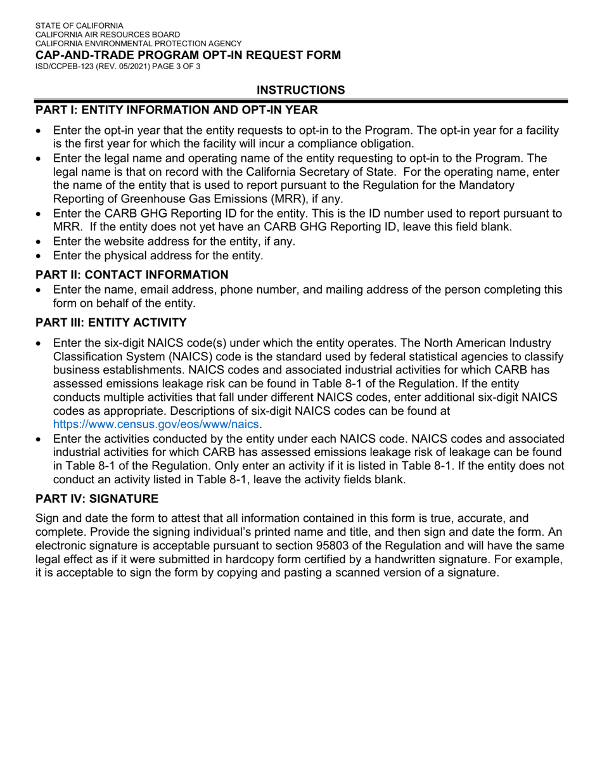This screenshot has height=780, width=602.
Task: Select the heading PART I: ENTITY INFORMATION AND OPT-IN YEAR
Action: pyautogui.click(x=176, y=110)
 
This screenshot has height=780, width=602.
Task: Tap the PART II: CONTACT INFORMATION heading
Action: pyautogui.click(x=131, y=275)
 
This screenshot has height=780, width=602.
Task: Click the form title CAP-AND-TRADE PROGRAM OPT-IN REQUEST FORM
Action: pyautogui.click(x=188, y=55)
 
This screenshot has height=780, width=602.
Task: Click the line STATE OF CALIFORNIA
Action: pyautogui.click(x=79, y=25)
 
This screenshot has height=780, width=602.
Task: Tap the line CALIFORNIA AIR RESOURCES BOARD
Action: pyautogui.click(x=107, y=34)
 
